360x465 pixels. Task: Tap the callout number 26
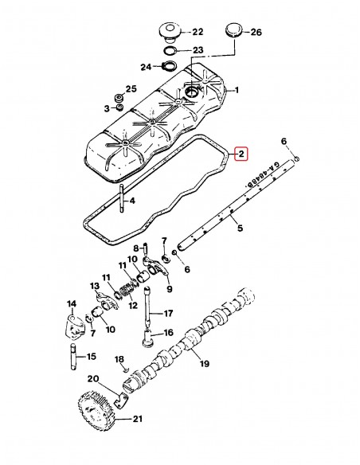(x=256, y=33)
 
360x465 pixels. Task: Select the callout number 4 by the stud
(x=132, y=201)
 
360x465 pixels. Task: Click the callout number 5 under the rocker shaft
(x=237, y=228)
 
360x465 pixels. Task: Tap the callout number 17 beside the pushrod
(x=168, y=313)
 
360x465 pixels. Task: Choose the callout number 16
(x=168, y=333)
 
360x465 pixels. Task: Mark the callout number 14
(x=72, y=304)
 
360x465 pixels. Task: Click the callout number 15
(x=92, y=356)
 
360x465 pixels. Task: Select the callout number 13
(x=93, y=286)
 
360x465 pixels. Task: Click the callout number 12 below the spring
(x=133, y=305)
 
